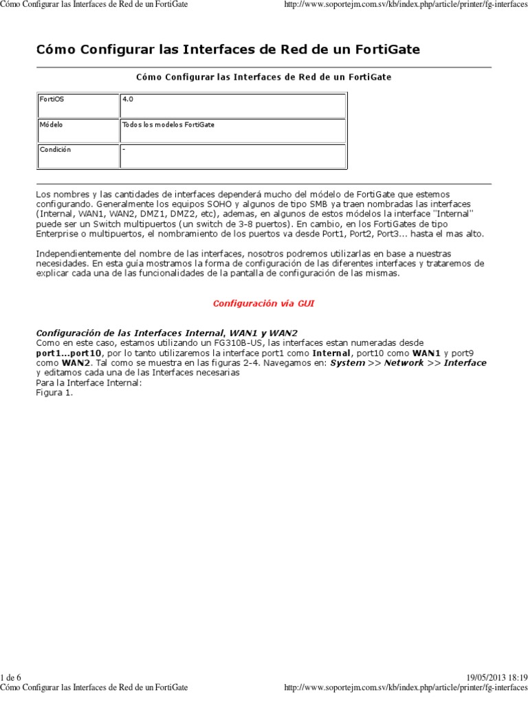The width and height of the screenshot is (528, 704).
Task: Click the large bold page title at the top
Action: [228, 50]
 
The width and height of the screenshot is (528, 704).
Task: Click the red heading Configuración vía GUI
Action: [264, 302]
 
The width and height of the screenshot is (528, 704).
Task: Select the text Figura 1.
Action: [54, 393]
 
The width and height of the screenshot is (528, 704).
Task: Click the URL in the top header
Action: [406, 5]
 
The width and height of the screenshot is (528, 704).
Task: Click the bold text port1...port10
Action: [69, 352]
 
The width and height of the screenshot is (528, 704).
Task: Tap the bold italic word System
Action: [347, 362]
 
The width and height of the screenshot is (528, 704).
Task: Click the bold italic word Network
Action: [404, 362]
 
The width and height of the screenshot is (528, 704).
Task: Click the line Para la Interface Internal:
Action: [89, 383]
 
